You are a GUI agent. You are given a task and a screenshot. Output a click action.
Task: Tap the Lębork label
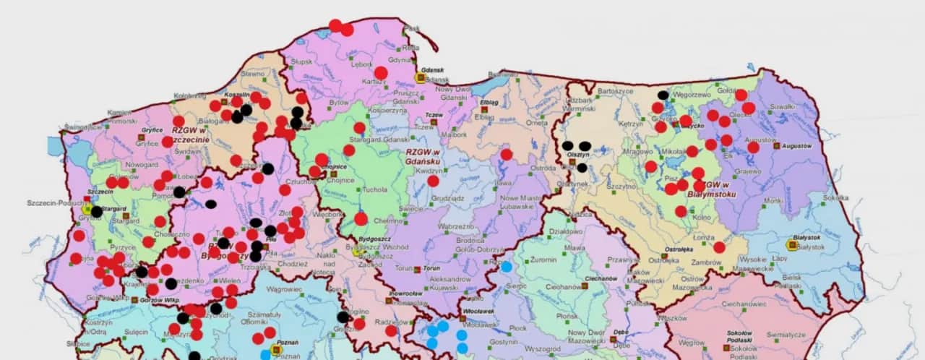pos(361,64)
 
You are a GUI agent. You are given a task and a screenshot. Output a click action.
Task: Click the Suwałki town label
pos(783,106)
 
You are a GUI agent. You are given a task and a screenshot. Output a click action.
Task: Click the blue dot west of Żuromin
pos(507,266)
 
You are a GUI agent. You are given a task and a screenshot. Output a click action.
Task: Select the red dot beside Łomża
pos(719,247)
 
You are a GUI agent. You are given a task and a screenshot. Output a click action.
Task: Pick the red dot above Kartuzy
pos(381,72)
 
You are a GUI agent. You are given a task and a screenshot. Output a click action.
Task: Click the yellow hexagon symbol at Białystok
pos(793,246)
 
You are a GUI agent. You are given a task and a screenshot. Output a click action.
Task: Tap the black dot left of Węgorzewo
pos(663,95)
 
